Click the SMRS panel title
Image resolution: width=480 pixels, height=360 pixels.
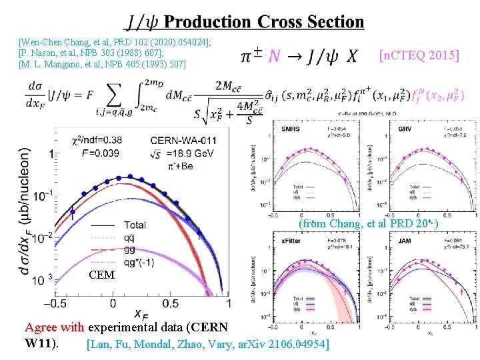click(291, 127)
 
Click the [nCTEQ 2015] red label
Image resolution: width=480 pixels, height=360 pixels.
click(419, 55)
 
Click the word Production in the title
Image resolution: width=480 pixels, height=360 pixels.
click(207, 22)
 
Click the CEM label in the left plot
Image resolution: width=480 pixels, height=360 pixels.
click(101, 275)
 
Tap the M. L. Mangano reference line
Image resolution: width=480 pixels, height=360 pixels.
click(102, 64)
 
